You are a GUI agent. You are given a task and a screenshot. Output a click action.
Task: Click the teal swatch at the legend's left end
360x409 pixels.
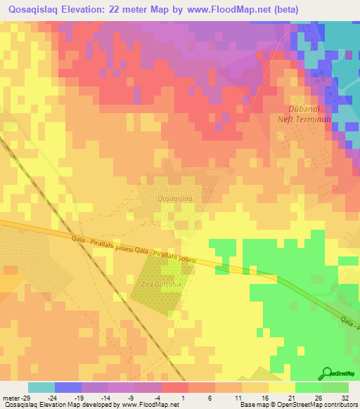[41, 387]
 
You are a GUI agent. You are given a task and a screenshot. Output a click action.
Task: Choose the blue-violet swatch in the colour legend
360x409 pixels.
[68, 387]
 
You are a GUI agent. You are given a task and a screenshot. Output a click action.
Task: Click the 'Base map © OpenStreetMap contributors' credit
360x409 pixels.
[298, 405]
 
